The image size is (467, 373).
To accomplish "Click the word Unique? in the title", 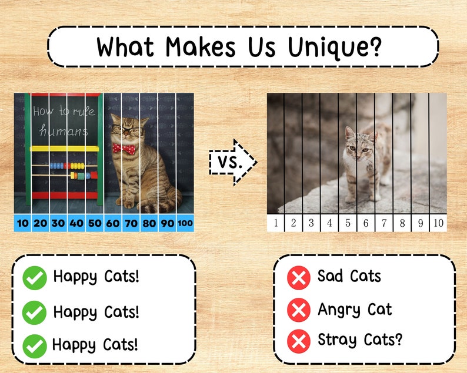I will [x=333, y=46].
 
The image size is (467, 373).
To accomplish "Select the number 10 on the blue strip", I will [x=23, y=223].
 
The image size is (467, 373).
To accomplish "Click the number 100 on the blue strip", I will [x=184, y=223].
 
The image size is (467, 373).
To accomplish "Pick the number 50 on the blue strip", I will [x=94, y=223].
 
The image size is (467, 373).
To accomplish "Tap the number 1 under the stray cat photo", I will [x=276, y=223].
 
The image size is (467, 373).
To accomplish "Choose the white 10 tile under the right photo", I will [x=438, y=223].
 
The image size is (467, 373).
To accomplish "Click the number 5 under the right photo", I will [x=348, y=223].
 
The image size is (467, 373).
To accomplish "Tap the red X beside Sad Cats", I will [x=299, y=277].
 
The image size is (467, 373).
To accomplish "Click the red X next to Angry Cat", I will [x=299, y=310].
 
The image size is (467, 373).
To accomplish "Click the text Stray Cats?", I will [x=360, y=340].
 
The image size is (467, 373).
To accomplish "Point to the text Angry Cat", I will [x=355, y=309].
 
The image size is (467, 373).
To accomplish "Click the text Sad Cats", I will [x=349, y=276].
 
